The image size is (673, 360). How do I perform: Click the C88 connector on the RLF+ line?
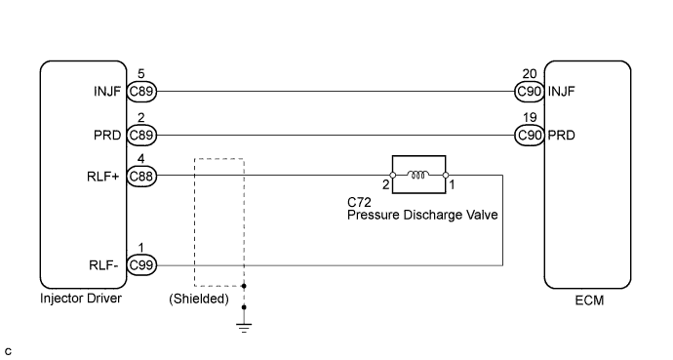(x=141, y=176)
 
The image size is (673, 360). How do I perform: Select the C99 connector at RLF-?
(x=141, y=264)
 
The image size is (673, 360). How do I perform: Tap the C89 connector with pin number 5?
(x=141, y=93)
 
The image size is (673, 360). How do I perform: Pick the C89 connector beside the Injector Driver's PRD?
(x=141, y=135)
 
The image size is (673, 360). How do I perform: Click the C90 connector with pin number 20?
(x=530, y=93)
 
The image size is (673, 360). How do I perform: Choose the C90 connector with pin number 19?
(x=530, y=135)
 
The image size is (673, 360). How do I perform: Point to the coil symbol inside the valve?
(x=417, y=176)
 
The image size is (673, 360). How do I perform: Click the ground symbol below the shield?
(x=244, y=325)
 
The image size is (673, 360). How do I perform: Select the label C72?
(x=359, y=203)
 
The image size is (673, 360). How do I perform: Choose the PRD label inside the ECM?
(x=562, y=135)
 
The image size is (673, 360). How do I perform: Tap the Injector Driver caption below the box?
(x=81, y=299)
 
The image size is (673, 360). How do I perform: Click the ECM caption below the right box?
(x=589, y=300)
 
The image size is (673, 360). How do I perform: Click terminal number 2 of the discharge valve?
(x=385, y=184)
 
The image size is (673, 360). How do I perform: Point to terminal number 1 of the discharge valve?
(x=452, y=184)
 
